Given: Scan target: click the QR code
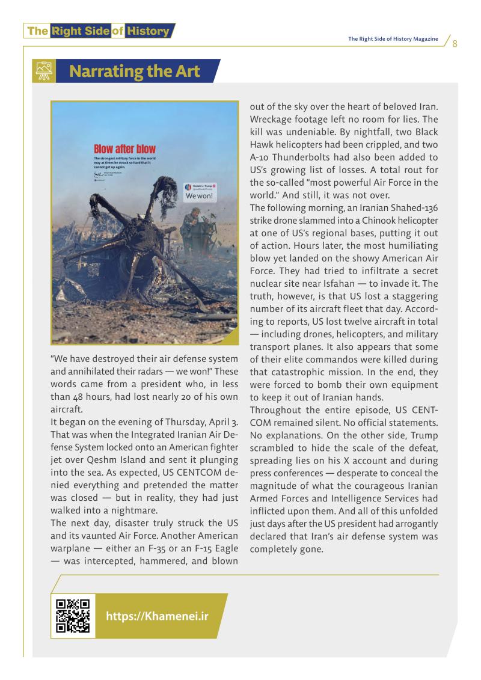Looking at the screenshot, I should [73, 616].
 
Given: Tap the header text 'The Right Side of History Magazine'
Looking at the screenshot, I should [393, 40].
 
